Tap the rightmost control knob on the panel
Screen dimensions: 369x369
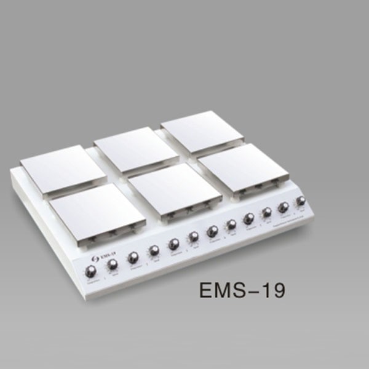coord(301,202)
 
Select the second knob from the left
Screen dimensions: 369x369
coord(113,264)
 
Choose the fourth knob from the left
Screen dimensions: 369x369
coord(154,250)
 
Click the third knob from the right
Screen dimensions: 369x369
coord(267,213)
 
